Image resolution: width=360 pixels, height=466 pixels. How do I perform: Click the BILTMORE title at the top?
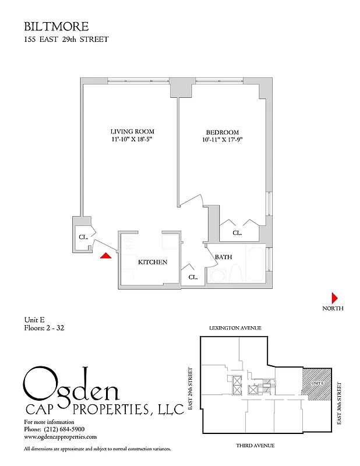(x=57, y=27)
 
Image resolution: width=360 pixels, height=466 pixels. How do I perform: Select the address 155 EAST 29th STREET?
(x=66, y=40)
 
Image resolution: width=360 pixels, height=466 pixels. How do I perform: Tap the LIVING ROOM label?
(x=132, y=132)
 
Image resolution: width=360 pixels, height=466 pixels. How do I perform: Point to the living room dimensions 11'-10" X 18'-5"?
(x=132, y=140)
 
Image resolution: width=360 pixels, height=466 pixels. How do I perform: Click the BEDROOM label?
(x=223, y=132)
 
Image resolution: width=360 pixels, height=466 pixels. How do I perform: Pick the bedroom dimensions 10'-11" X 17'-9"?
(x=223, y=140)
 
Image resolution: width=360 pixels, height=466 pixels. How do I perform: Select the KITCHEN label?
(x=153, y=262)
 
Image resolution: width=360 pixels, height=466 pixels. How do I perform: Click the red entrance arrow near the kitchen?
(x=105, y=256)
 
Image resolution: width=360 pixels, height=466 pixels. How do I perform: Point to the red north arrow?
(x=335, y=296)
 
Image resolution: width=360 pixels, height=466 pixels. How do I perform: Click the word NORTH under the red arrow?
(x=333, y=308)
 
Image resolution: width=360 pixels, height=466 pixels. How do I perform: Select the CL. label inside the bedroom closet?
(x=238, y=232)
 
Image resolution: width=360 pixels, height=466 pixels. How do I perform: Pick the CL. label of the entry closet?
(x=83, y=237)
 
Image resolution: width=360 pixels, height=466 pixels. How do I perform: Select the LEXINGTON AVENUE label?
(x=235, y=329)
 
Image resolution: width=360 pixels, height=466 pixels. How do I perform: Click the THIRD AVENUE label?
(x=255, y=445)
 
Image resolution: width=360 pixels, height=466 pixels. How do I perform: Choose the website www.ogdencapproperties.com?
(x=60, y=436)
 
